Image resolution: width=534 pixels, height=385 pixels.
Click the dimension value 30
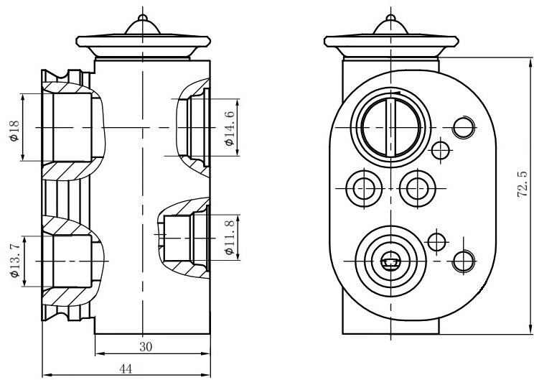tap(146, 345)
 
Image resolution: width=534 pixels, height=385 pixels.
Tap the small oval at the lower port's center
tap(390, 263)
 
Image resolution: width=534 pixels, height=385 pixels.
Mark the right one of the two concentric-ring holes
tap(417, 188)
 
